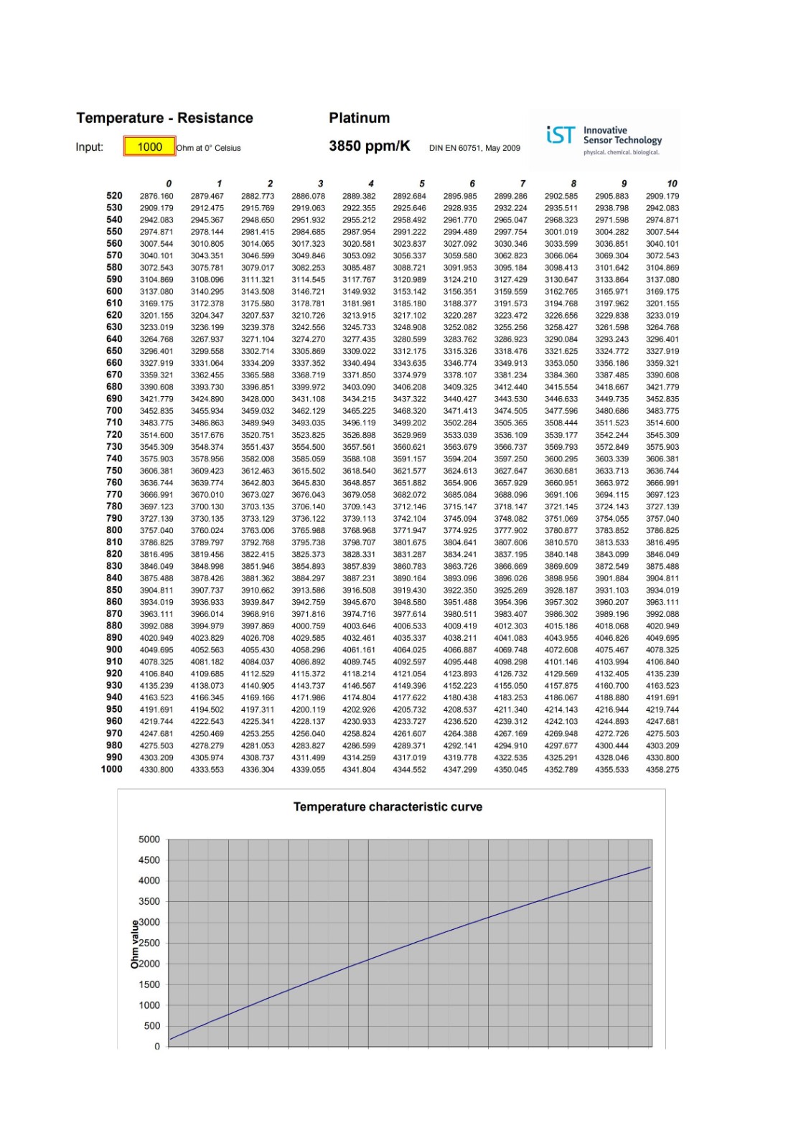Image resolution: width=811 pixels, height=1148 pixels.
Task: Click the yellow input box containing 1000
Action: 149,147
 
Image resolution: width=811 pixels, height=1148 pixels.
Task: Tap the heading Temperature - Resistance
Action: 164,118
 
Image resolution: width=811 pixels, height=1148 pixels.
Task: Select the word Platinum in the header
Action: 359,118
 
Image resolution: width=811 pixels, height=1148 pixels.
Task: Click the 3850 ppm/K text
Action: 369,146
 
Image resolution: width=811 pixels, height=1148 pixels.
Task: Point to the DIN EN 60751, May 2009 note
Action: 474,149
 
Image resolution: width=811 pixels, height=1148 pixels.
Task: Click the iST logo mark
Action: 561,135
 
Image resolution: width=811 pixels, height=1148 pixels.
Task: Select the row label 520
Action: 114,196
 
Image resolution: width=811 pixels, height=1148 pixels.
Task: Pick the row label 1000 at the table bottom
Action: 111,769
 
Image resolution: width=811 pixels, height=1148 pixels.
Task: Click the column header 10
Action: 672,184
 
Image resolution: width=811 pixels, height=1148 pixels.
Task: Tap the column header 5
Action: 422,184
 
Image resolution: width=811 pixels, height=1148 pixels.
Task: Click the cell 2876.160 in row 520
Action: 156,196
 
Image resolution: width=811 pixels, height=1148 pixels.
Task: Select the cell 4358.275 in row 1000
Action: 662,770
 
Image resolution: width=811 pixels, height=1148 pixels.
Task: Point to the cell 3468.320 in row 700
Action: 409,411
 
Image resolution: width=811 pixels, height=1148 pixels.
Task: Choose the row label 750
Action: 114,471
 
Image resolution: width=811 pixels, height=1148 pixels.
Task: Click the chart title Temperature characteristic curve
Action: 388,807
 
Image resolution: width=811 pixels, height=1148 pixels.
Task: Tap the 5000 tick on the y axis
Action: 149,839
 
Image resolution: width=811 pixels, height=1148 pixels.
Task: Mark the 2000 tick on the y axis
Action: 149,964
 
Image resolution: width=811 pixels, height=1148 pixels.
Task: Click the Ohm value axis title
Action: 134,945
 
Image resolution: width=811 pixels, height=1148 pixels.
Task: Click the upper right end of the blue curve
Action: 650,867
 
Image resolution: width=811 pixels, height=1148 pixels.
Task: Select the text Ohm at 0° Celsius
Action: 209,149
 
